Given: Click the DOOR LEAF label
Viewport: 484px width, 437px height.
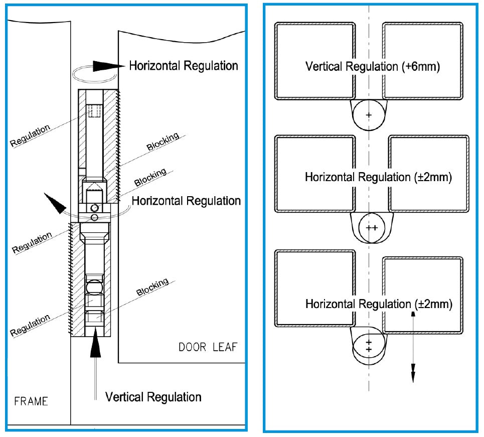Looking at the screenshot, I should [x=208, y=347].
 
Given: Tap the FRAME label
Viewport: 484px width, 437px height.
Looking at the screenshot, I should [x=31, y=401].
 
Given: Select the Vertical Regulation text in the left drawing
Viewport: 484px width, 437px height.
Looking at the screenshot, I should [x=153, y=397].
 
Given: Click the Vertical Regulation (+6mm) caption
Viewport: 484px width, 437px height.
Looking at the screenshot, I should [x=372, y=66].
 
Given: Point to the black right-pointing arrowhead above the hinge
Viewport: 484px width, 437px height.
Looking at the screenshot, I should [x=107, y=65].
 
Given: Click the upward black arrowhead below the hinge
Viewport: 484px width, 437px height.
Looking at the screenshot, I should [x=95, y=347].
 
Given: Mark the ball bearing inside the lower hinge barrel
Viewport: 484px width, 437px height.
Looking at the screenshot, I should [x=94, y=287].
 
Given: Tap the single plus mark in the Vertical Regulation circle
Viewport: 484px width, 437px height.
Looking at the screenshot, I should [x=369, y=115].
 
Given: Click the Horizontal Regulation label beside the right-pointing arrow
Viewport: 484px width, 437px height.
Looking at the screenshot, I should [x=184, y=66].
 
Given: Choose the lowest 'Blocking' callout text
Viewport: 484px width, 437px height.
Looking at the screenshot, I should [x=152, y=288].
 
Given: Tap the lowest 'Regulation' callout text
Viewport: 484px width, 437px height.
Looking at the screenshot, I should [x=31, y=325].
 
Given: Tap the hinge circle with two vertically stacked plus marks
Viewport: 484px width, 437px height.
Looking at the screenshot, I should [x=369, y=346].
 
